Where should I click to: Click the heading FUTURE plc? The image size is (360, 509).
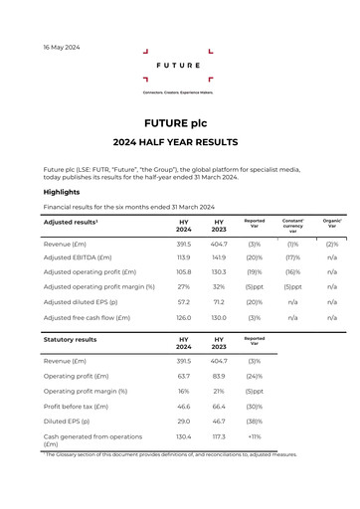[x=179, y=122]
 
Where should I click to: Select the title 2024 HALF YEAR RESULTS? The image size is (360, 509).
[x=179, y=142]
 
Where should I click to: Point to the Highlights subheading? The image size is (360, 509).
[x=62, y=192]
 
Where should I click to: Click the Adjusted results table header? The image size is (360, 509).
[x=71, y=222]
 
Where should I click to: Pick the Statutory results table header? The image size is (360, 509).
[x=70, y=339]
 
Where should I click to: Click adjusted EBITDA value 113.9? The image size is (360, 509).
[x=183, y=256]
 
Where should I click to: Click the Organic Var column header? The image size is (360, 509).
[x=332, y=224]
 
